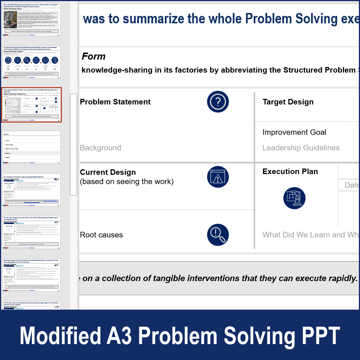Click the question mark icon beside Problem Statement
[x=218, y=102]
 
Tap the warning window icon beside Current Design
[x=218, y=177]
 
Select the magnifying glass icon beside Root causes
[x=218, y=235]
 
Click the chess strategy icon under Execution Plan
[x=294, y=198]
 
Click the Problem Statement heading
[x=115, y=102]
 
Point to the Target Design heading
[x=288, y=102]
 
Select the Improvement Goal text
[x=294, y=132]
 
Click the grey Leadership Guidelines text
[x=301, y=148]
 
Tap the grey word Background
[x=100, y=148]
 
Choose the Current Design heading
[x=108, y=172]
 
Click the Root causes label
[x=101, y=235]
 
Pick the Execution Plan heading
[x=290, y=171]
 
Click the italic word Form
[x=93, y=56]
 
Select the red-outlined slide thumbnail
[x=31, y=105]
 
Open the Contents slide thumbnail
[x=31, y=147]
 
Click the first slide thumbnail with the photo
[x=31, y=19]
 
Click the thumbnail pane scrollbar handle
[x=73, y=144]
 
